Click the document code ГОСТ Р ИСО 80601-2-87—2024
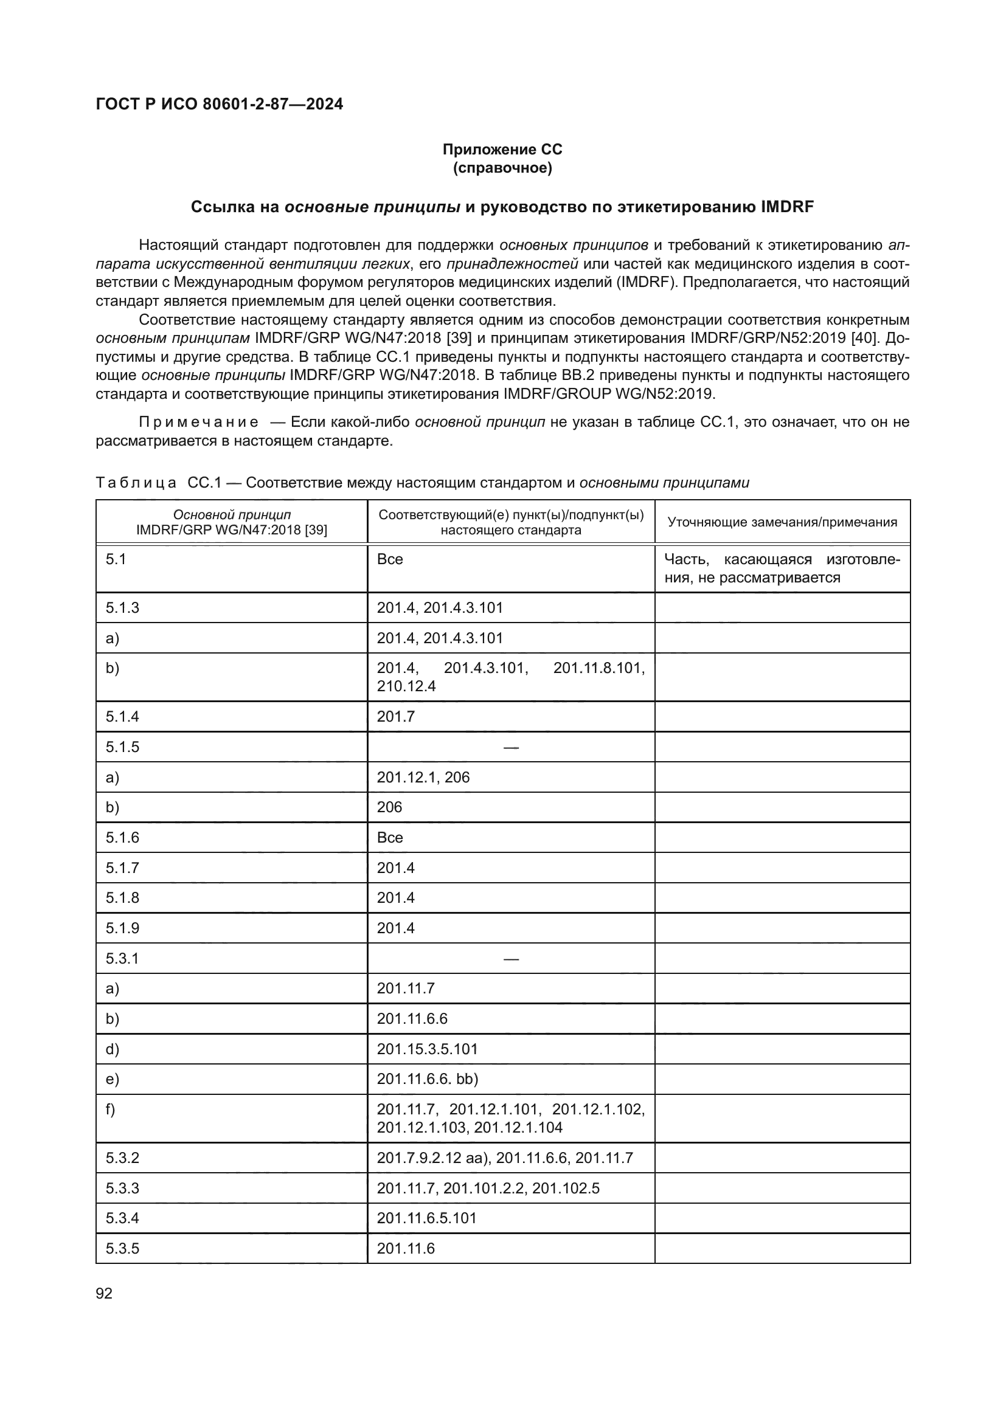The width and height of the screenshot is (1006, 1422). coord(220,104)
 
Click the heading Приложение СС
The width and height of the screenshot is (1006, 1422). coord(502,150)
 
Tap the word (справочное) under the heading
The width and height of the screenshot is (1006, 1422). coord(502,168)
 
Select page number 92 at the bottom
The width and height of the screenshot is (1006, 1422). coord(104,1293)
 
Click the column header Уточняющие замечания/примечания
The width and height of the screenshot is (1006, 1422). coord(782,522)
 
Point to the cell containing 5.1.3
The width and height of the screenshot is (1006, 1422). coord(122,607)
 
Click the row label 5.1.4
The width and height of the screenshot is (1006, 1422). coord(122,717)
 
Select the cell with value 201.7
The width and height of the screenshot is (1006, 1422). coord(395,717)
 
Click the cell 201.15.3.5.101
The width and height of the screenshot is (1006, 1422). coord(428,1049)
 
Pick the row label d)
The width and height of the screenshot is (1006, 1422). coord(112,1049)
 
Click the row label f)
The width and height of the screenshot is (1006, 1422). coord(110,1110)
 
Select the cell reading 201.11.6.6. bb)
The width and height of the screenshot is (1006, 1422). coord(428,1080)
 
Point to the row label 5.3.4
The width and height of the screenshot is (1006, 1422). coord(122,1218)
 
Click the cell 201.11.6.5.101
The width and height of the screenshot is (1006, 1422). coord(427,1218)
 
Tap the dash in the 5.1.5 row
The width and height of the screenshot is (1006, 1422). coord(510,748)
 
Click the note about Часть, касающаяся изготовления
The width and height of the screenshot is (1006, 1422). coord(782,568)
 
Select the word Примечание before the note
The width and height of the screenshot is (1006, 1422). coord(198,423)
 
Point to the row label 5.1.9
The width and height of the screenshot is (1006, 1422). coord(122,928)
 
